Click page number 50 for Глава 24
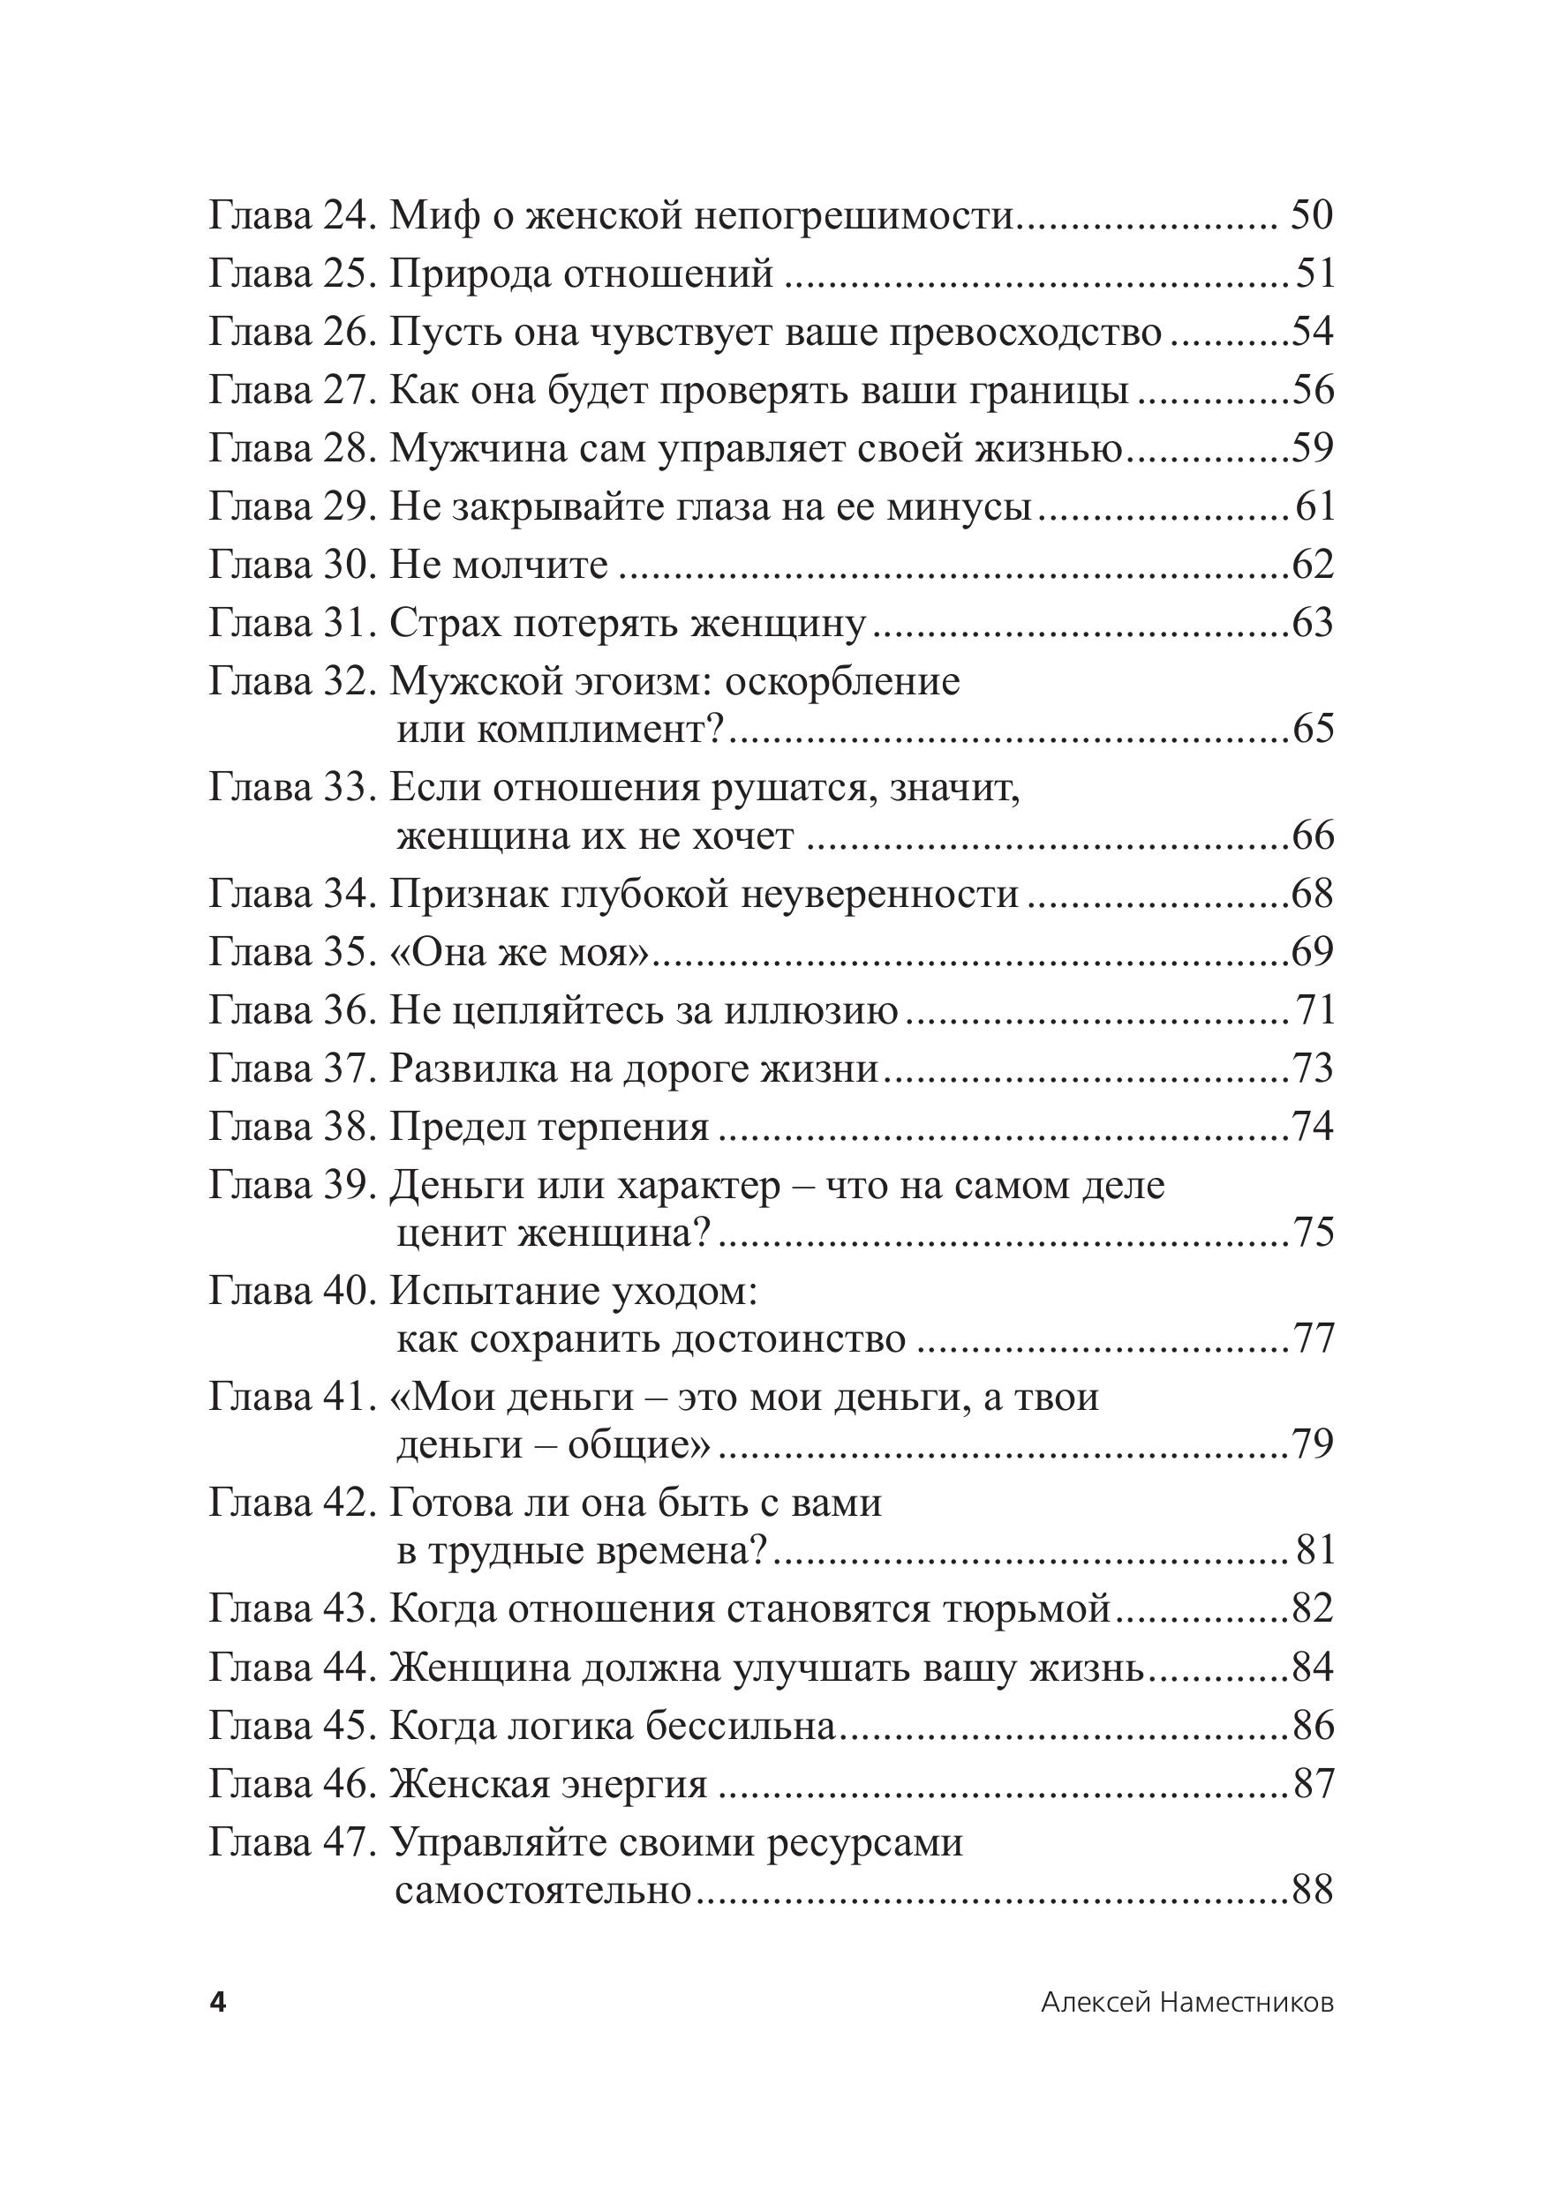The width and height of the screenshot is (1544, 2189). [x=1311, y=216]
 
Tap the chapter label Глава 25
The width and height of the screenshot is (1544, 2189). [x=290, y=274]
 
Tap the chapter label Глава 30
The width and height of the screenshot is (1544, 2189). [x=290, y=566]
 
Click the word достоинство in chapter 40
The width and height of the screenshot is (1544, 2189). [x=788, y=1339]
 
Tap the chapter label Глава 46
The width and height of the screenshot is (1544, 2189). [x=290, y=1784]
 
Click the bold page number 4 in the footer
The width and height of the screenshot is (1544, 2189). [x=218, y=2003]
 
